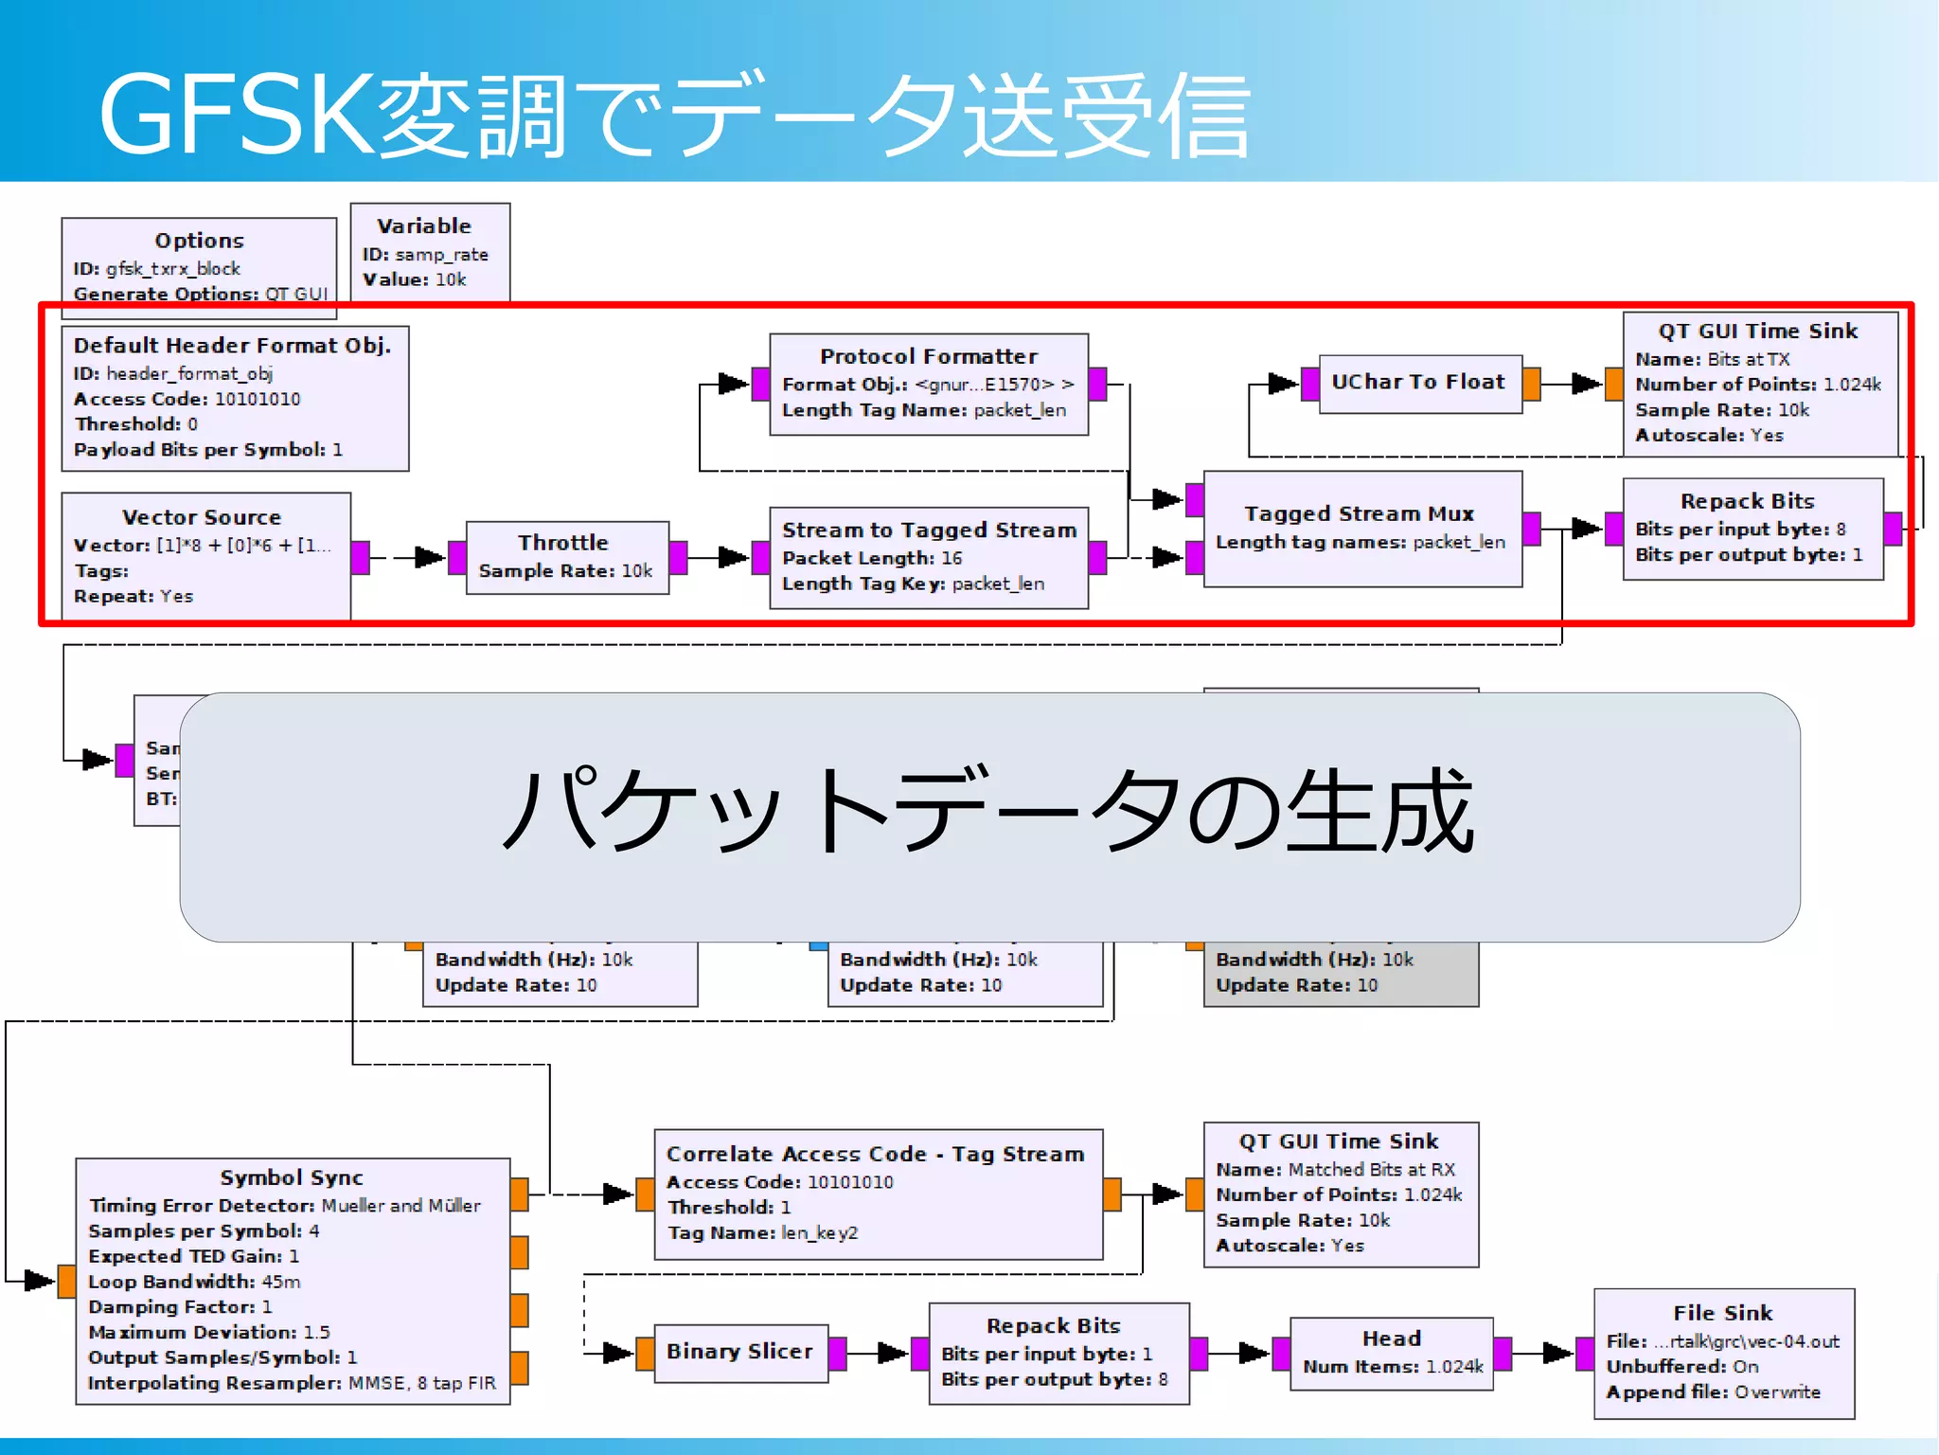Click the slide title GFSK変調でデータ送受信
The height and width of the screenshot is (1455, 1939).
(x=674, y=116)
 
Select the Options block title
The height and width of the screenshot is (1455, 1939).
(x=199, y=241)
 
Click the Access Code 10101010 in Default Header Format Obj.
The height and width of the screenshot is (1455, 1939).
(x=187, y=399)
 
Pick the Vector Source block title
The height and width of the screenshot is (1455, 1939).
(x=202, y=517)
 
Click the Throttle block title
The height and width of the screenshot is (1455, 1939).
(x=562, y=543)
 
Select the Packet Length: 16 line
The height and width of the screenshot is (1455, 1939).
(x=871, y=558)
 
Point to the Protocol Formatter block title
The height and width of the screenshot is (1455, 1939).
(x=929, y=356)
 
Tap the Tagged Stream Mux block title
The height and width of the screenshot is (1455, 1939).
(x=1359, y=513)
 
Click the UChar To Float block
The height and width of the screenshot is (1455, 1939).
(x=1417, y=382)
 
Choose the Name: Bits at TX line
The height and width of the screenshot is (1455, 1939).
(x=1712, y=359)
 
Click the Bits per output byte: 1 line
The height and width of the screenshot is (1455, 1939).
(x=1748, y=555)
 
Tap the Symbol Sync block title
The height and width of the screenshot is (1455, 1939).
(x=292, y=1177)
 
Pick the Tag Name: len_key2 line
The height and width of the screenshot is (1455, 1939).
(x=762, y=1232)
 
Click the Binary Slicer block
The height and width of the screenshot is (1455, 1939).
(x=739, y=1352)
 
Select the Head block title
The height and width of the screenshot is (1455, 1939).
(x=1391, y=1338)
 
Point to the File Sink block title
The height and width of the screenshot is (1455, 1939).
(x=1722, y=1313)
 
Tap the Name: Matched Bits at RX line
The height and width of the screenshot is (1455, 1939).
(x=1335, y=1170)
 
